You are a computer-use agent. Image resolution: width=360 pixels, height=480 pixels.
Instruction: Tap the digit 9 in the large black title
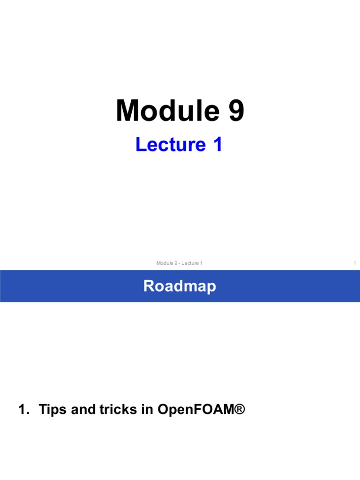coord(236,111)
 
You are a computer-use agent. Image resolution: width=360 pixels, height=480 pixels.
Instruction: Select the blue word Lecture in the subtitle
coord(171,144)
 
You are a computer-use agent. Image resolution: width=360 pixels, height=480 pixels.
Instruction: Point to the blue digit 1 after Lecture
coord(217,144)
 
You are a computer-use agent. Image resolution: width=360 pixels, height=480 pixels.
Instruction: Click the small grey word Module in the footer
coord(165,263)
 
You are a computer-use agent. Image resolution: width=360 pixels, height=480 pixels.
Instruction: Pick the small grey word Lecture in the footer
coord(190,263)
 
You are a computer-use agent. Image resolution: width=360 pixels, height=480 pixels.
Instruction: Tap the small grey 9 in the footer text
coord(176,263)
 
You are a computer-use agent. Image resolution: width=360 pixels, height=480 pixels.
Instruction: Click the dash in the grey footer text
coord(180,263)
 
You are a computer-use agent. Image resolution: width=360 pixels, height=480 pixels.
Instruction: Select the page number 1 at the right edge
coord(355,263)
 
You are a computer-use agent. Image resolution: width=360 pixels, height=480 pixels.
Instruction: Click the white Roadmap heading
coord(180,286)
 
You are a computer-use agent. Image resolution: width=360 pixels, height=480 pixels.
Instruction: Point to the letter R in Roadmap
coord(149,285)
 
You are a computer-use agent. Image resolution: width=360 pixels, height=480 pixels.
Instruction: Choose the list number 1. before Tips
coord(24,409)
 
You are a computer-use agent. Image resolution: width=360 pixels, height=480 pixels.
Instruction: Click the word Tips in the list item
coord(52,410)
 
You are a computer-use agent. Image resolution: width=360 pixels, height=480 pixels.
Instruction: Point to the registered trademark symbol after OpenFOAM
coord(240,409)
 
